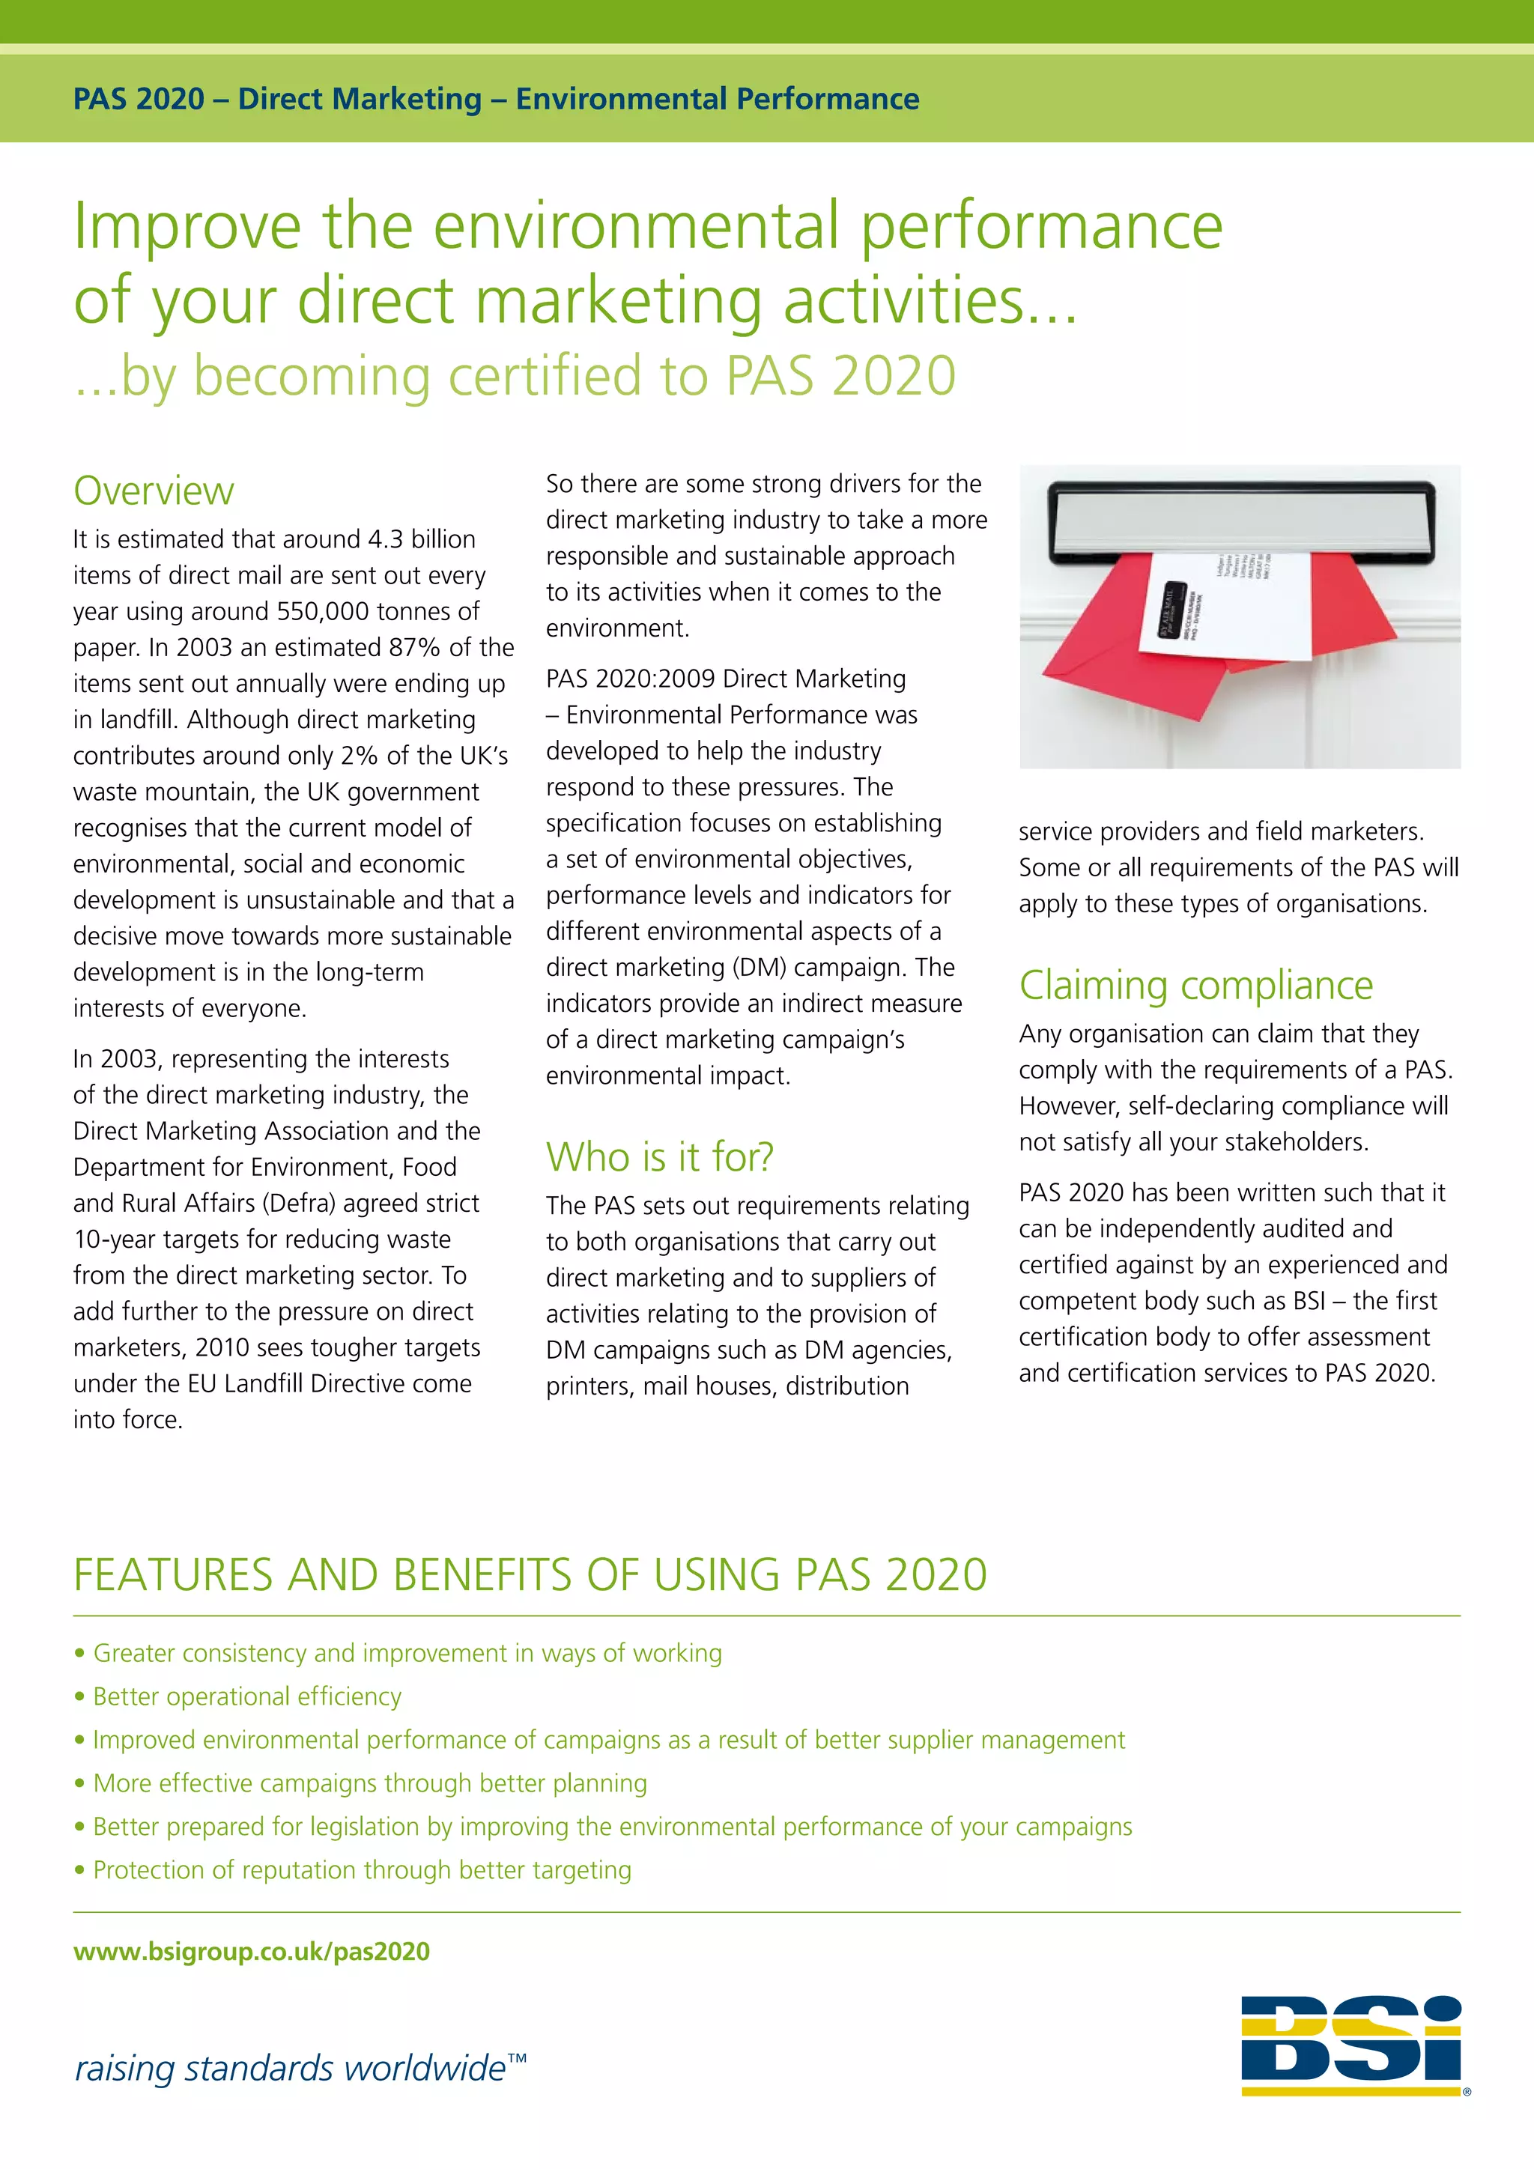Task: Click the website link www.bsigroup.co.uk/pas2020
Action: [251, 1951]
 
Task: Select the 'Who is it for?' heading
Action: [659, 1156]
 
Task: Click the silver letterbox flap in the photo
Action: [1240, 520]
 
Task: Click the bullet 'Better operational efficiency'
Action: [246, 1696]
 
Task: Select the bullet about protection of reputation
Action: [362, 1869]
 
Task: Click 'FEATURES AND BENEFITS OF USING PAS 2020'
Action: [530, 1575]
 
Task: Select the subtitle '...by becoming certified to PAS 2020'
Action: [515, 375]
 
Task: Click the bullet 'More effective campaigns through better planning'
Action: [369, 1783]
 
